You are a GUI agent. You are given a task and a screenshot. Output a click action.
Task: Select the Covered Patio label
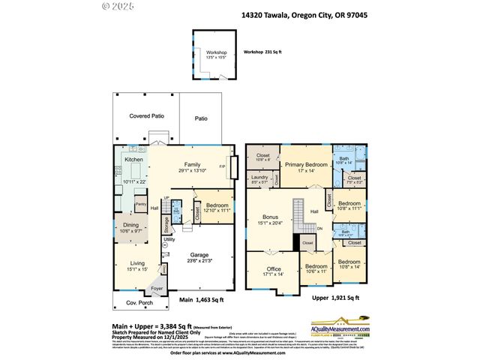[x=146, y=116]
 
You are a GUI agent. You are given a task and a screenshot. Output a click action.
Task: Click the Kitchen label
[x=133, y=160]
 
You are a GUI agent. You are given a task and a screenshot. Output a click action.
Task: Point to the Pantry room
[x=139, y=204]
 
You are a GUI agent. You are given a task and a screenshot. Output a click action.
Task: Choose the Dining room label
[x=130, y=225]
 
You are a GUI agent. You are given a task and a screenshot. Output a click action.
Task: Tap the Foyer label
[x=156, y=286]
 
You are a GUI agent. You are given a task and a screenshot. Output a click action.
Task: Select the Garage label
[x=199, y=254]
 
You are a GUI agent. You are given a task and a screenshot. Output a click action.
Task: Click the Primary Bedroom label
[x=306, y=164]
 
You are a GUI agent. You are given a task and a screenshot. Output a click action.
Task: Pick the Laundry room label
[x=259, y=177]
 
